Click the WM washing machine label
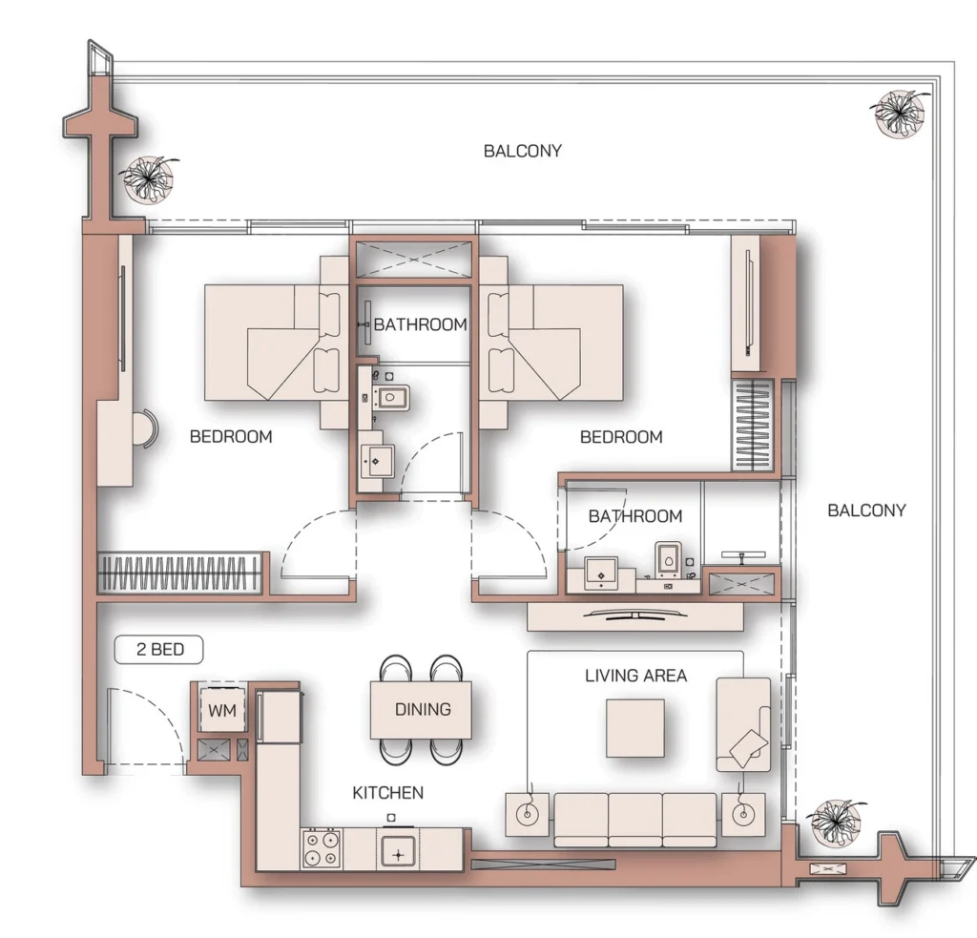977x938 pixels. coord(221,711)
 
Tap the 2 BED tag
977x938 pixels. coord(159,651)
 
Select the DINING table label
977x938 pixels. coord(422,709)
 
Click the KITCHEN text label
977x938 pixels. coord(387,793)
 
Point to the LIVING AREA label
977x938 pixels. coord(635,676)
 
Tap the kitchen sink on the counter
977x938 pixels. coord(396,848)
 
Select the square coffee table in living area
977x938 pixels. coord(634,727)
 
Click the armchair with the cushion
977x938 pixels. coord(743,725)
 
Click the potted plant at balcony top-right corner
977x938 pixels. coord(898,112)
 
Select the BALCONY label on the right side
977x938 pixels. coord(866,511)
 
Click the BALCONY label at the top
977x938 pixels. coord(522,151)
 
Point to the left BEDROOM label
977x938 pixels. coord(231,437)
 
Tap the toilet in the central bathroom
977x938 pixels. coord(390,398)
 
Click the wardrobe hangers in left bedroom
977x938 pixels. coord(179,574)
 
